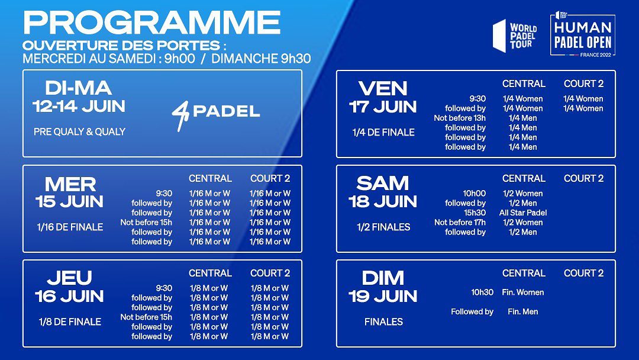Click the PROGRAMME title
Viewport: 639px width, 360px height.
point(152,22)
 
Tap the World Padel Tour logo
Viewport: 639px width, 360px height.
point(515,36)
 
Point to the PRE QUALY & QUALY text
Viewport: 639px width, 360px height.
point(79,131)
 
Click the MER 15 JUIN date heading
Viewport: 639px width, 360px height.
point(70,192)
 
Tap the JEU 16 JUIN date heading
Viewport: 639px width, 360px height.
point(69,287)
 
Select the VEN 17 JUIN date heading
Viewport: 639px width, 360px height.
point(383,98)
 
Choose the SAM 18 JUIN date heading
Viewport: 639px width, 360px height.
point(383,192)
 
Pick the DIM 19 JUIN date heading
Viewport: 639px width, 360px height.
point(383,287)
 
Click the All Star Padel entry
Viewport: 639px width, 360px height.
point(523,213)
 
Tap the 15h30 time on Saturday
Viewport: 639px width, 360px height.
point(475,213)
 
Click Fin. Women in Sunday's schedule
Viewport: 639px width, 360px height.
point(523,292)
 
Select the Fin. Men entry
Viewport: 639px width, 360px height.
point(523,311)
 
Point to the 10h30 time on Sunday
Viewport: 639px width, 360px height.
point(482,292)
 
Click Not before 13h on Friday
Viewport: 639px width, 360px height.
point(460,118)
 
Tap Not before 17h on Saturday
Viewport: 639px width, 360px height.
point(460,223)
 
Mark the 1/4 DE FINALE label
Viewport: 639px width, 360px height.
point(383,132)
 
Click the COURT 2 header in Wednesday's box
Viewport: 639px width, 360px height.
point(270,179)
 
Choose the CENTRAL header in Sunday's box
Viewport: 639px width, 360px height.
point(524,273)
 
